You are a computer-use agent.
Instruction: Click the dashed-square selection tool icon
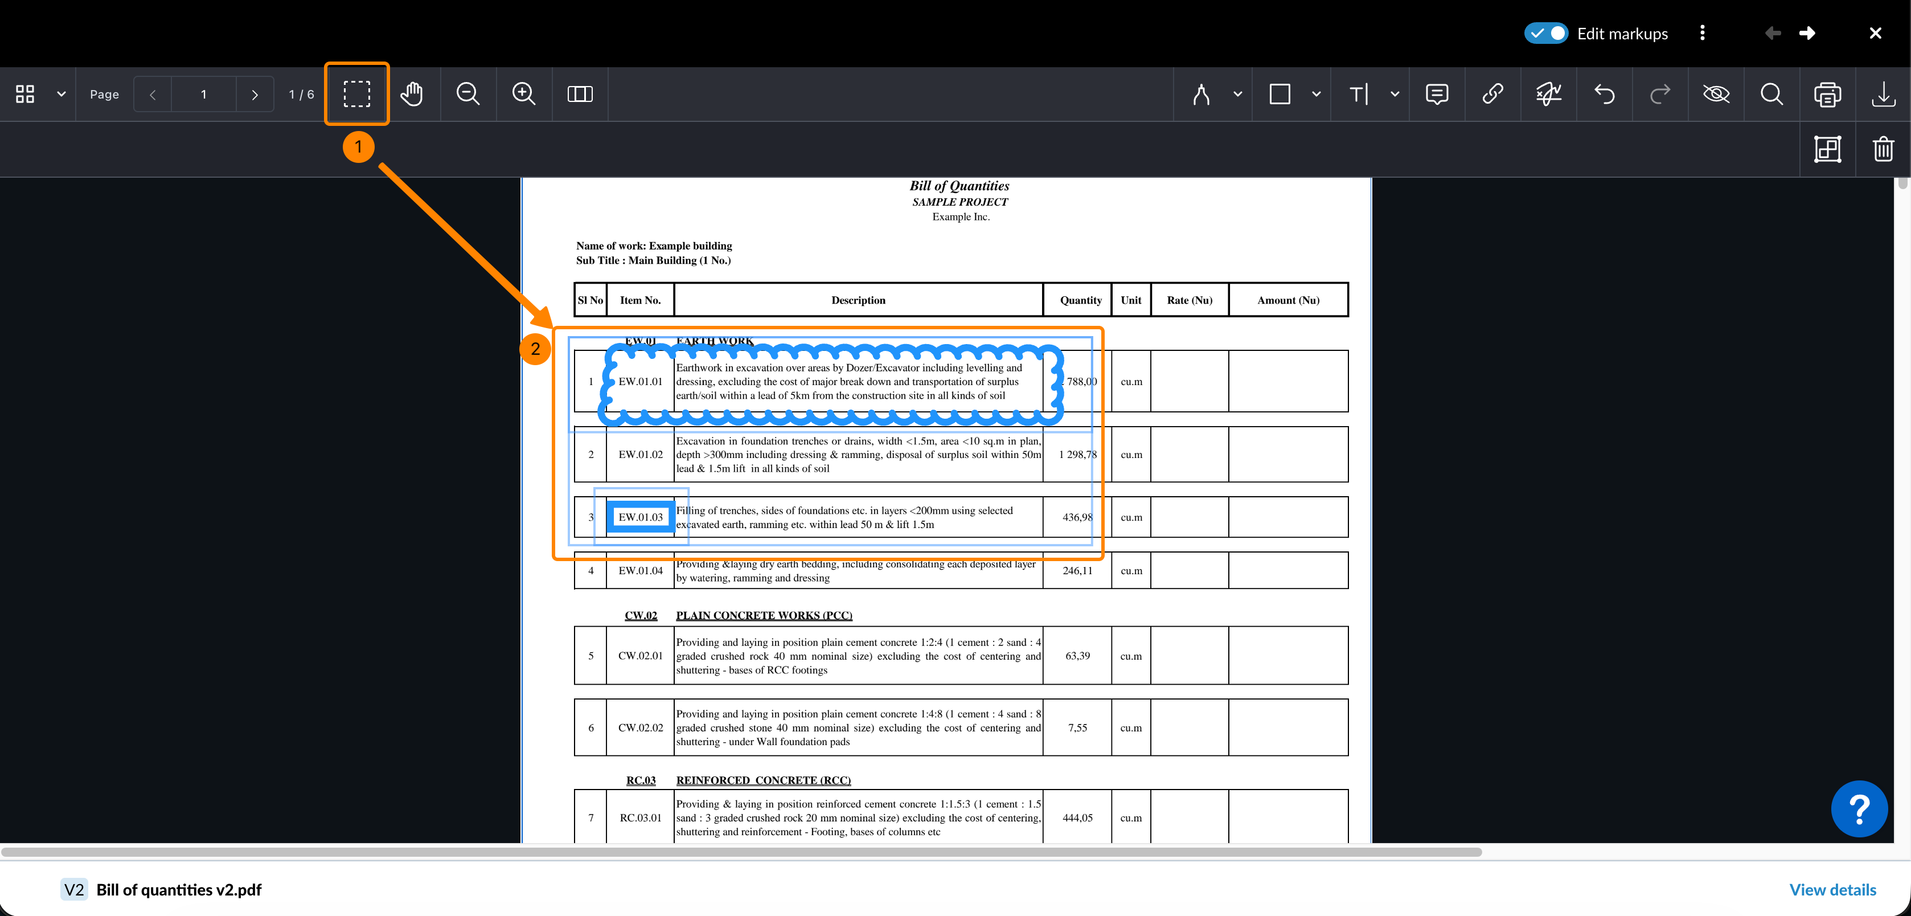pyautogui.click(x=357, y=94)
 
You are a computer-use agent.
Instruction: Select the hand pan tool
pyautogui.click(x=412, y=94)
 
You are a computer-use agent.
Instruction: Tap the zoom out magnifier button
pyautogui.click(x=468, y=94)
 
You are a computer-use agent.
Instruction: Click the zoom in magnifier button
pyautogui.click(x=524, y=94)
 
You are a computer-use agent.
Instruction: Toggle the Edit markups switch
pyautogui.click(x=1546, y=34)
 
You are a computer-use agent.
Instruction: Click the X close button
pyautogui.click(x=1875, y=34)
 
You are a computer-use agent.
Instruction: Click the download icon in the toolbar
pyautogui.click(x=1883, y=94)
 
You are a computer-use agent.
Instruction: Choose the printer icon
pyautogui.click(x=1827, y=94)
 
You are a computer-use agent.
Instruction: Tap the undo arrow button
pyautogui.click(x=1605, y=94)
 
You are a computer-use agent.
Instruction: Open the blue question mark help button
pyautogui.click(x=1859, y=808)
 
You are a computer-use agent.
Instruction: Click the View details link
pyautogui.click(x=1832, y=889)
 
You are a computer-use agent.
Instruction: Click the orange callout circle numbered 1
pyautogui.click(x=358, y=147)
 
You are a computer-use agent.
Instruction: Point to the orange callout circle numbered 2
pyautogui.click(x=535, y=349)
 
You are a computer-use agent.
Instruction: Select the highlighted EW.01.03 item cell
pyautogui.click(x=640, y=517)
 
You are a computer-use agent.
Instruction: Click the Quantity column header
pyautogui.click(x=1080, y=300)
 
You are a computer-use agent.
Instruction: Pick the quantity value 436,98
pyautogui.click(x=1077, y=517)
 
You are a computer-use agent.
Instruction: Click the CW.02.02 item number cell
pyautogui.click(x=640, y=727)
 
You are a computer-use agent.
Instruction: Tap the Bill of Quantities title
pyautogui.click(x=959, y=186)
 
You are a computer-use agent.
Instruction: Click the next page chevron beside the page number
pyautogui.click(x=255, y=94)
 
